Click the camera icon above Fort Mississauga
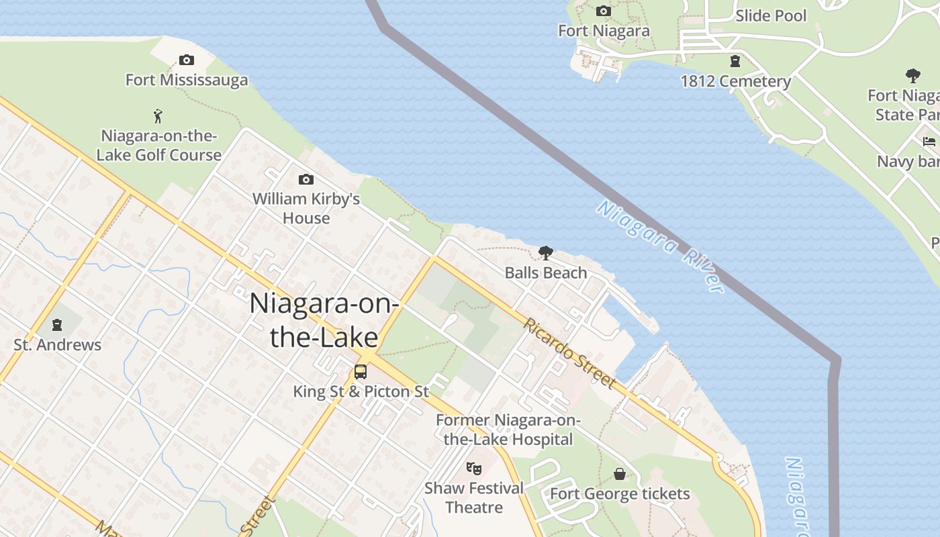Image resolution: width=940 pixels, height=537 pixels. (187, 60)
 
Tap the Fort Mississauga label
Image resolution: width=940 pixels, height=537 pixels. (187, 81)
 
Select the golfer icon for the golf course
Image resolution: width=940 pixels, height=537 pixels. (158, 116)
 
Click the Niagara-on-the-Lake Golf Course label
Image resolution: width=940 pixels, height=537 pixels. (159, 146)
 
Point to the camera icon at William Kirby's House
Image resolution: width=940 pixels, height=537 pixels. (306, 179)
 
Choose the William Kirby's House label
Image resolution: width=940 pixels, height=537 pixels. (306, 209)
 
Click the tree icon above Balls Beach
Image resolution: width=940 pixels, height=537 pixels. (546, 253)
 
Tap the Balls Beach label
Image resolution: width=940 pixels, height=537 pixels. (546, 273)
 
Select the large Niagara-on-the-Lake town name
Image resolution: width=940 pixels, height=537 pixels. (324, 320)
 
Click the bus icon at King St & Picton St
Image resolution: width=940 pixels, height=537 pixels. (361, 371)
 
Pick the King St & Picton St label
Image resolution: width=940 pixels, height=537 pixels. (361, 391)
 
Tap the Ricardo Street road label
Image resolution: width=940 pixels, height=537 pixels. (569, 353)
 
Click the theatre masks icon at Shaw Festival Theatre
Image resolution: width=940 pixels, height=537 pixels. (474, 468)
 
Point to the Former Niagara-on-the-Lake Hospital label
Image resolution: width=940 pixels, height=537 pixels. (508, 430)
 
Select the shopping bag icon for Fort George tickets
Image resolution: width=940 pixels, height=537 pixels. (620, 474)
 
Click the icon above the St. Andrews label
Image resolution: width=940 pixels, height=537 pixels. (58, 326)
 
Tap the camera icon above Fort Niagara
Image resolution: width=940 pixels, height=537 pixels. (604, 11)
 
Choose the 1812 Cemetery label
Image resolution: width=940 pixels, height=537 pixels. (736, 82)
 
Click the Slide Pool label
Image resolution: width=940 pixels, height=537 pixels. (771, 15)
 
